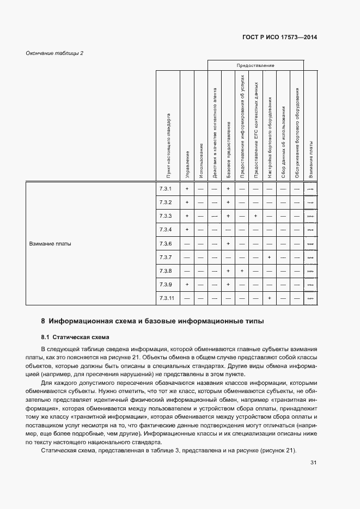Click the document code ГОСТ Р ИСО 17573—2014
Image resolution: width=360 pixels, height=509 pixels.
click(279, 38)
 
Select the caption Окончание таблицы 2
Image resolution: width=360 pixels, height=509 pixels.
click(54, 53)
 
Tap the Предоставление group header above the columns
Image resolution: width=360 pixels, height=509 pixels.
click(255, 65)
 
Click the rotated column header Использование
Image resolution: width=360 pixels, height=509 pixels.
click(201, 161)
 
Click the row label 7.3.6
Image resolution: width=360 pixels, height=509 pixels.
click(166, 243)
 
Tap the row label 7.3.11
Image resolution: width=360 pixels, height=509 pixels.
click(167, 298)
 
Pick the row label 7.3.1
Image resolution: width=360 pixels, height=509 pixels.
click(166, 188)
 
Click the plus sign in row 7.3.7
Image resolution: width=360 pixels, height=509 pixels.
click(269, 257)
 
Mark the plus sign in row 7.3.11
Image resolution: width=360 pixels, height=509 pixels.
click(269, 298)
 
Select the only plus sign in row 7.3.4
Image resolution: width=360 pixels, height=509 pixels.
click(187, 230)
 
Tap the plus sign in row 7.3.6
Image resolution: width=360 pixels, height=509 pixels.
click(228, 243)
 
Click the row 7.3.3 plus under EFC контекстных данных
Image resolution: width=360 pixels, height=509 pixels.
click(255, 216)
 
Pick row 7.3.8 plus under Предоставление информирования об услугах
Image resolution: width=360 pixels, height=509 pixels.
click(242, 271)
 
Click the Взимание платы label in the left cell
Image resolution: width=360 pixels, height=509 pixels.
click(50, 243)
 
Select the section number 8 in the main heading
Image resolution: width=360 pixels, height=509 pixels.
click(43, 321)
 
